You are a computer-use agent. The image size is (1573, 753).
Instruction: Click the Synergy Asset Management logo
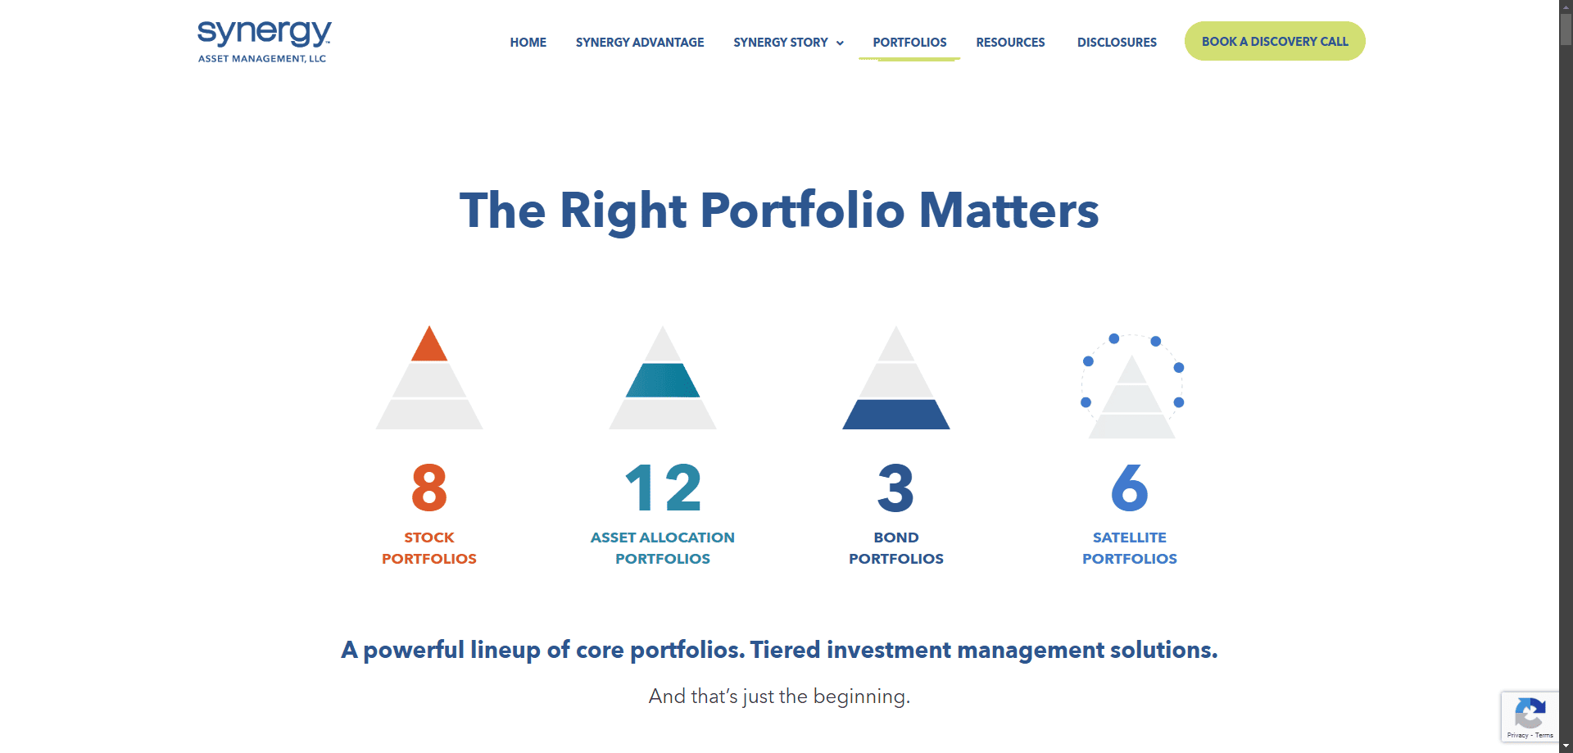pos(264,41)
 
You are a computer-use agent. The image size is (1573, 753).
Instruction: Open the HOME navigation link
pos(528,43)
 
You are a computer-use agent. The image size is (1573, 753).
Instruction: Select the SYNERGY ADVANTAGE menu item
pos(640,43)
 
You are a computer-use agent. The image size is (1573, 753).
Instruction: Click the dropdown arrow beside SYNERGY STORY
pos(840,43)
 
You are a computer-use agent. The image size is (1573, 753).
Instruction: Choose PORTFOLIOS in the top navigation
pos(909,43)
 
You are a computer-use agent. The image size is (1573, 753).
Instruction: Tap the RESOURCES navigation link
pos(1010,43)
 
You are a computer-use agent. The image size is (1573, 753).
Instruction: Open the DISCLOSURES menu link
pos(1117,43)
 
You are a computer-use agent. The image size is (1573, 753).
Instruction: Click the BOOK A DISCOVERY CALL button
pos(1275,41)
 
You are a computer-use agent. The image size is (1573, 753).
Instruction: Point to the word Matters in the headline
pos(1009,211)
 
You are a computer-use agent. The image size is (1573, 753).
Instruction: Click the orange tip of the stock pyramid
pos(429,347)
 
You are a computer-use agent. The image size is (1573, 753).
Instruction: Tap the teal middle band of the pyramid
pos(663,380)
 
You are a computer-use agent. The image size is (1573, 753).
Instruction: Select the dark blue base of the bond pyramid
pos(896,415)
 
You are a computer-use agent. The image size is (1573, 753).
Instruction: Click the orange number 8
pos(429,488)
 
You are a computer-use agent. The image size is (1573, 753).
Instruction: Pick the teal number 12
pos(663,488)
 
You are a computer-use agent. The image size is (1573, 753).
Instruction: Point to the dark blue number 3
pos(895,488)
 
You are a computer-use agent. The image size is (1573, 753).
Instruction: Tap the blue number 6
pos(1130,488)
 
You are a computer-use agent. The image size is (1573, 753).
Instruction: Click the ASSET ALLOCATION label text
pos(663,538)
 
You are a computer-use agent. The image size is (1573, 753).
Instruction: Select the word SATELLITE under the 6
pos(1130,538)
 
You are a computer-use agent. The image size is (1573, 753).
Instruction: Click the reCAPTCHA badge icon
pos(1530,713)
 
